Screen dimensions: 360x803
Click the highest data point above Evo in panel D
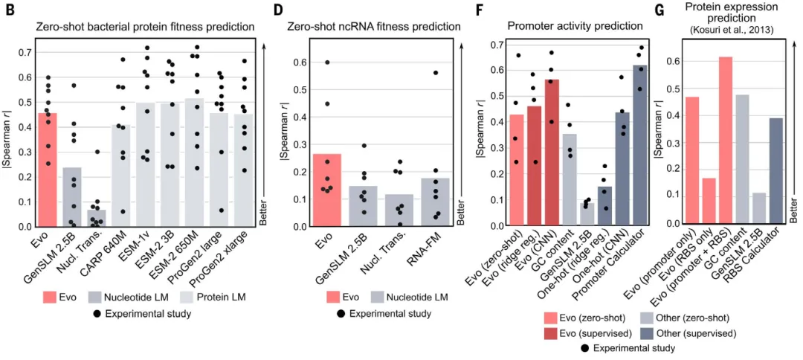click(326, 62)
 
